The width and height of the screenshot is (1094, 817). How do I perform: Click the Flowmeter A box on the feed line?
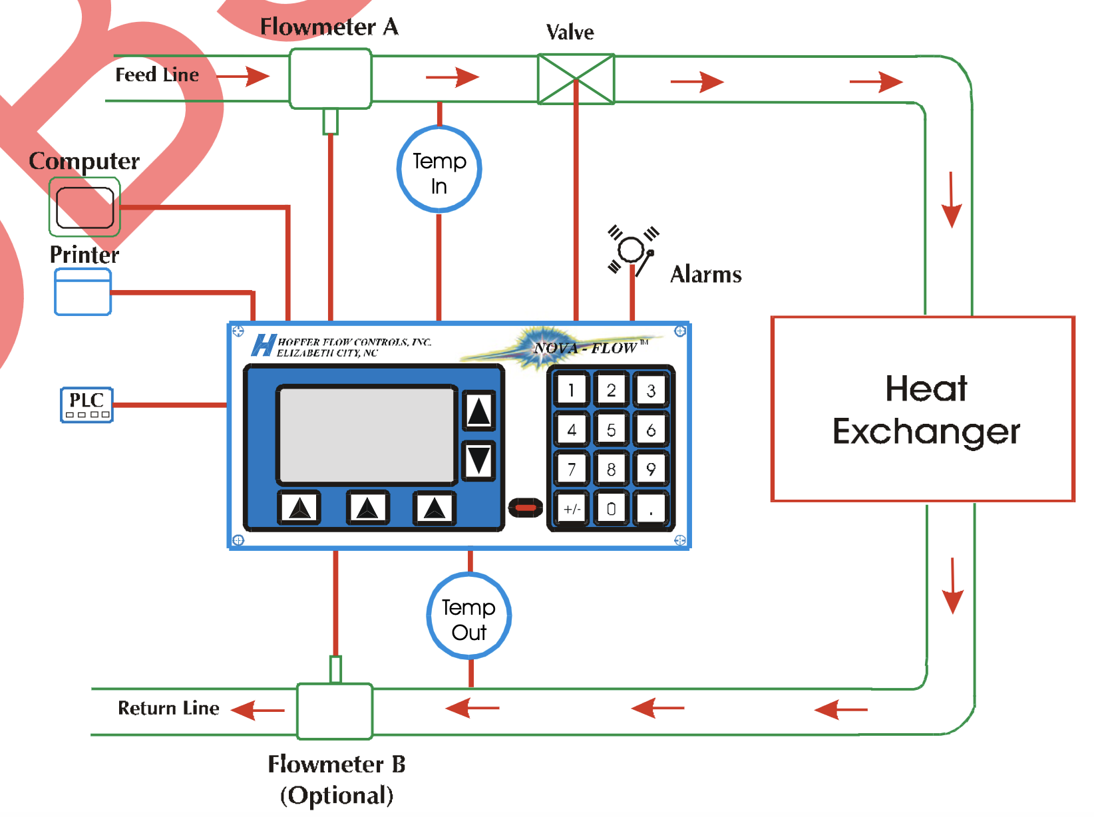tap(330, 79)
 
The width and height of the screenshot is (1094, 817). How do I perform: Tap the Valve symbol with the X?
tap(576, 79)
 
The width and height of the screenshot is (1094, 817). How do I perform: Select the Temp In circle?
tap(439, 170)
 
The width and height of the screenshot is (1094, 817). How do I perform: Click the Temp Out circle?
tap(469, 616)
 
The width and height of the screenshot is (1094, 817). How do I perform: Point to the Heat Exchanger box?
tap(923, 409)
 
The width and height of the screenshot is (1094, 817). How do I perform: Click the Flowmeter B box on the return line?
tap(335, 711)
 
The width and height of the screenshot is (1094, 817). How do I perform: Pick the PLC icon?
tap(87, 405)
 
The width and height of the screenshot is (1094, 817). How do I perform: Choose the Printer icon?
tap(83, 292)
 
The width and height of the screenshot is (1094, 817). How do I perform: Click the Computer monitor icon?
tap(85, 207)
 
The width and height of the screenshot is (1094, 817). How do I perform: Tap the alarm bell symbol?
tap(632, 251)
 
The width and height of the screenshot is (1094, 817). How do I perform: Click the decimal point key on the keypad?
tap(650, 509)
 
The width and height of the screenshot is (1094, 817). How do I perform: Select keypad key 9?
tap(650, 469)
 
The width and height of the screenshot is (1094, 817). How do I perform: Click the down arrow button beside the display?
tap(478, 460)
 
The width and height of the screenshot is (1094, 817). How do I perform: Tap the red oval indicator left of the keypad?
tap(526, 508)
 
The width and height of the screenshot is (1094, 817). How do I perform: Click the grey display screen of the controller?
tap(367, 434)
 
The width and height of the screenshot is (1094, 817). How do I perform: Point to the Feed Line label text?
tap(157, 75)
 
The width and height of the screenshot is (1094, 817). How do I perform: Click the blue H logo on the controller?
tap(263, 345)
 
